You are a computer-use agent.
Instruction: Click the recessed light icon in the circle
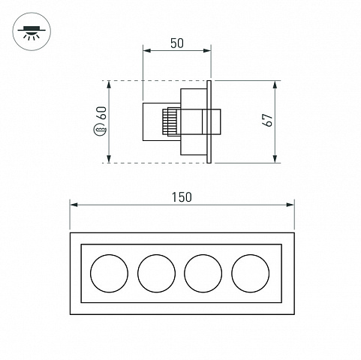32,31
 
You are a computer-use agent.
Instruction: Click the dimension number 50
177,43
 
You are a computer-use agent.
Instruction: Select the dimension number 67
267,120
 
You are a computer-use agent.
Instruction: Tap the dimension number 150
182,197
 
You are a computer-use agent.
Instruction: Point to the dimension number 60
102,112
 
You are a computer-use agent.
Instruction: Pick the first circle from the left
110,274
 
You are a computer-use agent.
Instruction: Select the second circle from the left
156,274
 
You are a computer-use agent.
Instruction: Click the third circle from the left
203,274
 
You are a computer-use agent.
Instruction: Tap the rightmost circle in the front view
251,274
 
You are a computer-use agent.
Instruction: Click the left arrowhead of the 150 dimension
74,205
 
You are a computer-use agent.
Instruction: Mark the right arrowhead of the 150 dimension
290,205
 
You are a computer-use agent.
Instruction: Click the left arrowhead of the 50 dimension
147,51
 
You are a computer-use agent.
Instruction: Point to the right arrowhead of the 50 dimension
207,51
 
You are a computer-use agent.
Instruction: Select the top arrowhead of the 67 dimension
275,85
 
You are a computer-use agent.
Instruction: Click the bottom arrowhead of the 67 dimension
275,159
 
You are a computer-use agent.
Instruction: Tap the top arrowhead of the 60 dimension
109,85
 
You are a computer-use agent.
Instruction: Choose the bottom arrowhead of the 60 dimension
109,159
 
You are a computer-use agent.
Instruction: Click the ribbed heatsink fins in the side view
166,121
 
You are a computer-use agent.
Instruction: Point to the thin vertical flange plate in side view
209,121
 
